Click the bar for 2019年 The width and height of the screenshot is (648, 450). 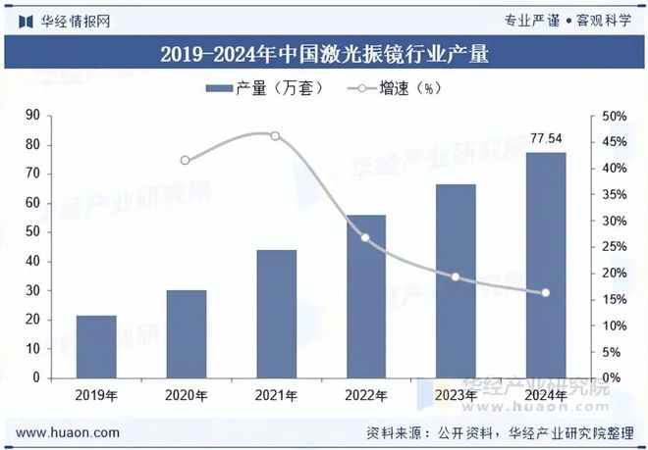pyautogui.click(x=96, y=346)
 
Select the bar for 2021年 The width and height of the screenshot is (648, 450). pyautogui.click(x=276, y=314)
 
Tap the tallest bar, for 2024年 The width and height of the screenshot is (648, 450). pyautogui.click(x=545, y=265)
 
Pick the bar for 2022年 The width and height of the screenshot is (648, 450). pyautogui.click(x=365, y=296)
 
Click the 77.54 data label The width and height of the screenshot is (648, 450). pyautogui.click(x=545, y=138)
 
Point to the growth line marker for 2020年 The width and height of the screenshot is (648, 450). pyautogui.click(x=186, y=161)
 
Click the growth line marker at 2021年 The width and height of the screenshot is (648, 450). pyautogui.click(x=275, y=136)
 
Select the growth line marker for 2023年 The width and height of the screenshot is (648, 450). pyautogui.click(x=456, y=276)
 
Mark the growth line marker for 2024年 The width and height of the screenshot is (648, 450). pyautogui.click(x=545, y=292)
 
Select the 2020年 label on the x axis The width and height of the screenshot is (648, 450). pyautogui.click(x=186, y=396)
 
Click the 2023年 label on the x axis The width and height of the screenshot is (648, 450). pyautogui.click(x=456, y=396)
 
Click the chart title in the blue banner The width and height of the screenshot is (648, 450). pyautogui.click(x=323, y=53)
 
